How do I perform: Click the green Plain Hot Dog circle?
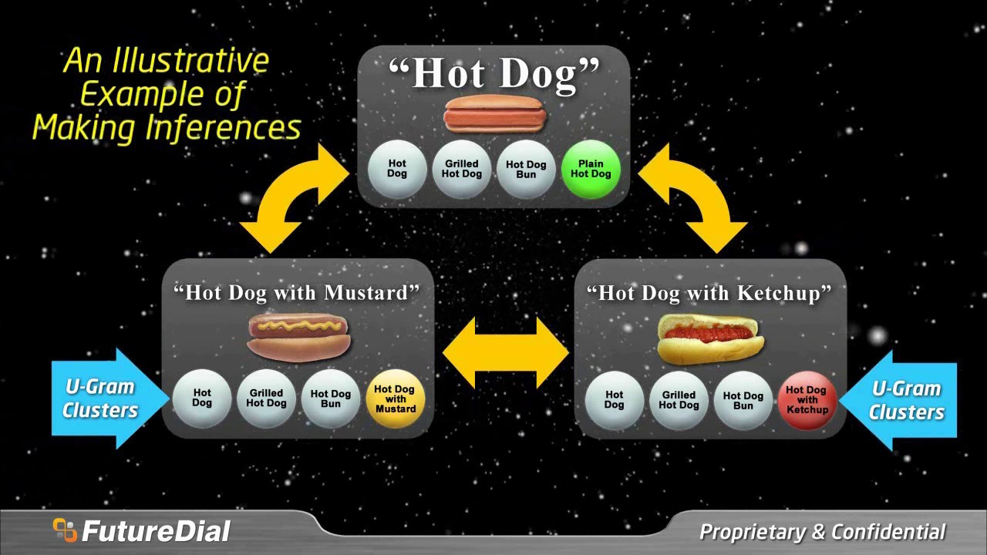[x=591, y=169]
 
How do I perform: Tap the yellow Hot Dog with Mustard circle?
[x=396, y=399]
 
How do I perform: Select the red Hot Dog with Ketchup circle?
[x=807, y=400]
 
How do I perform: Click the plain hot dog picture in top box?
[x=495, y=114]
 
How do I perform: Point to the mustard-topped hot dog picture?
[x=299, y=336]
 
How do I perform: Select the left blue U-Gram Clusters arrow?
[x=108, y=398]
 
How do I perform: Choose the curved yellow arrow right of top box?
[x=694, y=199]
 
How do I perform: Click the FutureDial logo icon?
[x=65, y=530]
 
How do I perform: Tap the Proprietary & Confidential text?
[x=822, y=532]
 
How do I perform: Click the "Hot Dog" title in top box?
[x=494, y=74]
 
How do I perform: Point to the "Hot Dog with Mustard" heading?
[x=297, y=293]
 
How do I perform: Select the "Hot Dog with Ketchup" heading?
[x=709, y=293]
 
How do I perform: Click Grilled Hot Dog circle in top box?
[x=461, y=169]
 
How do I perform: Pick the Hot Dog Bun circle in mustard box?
[x=331, y=399]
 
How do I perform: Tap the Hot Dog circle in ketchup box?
[x=614, y=400]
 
